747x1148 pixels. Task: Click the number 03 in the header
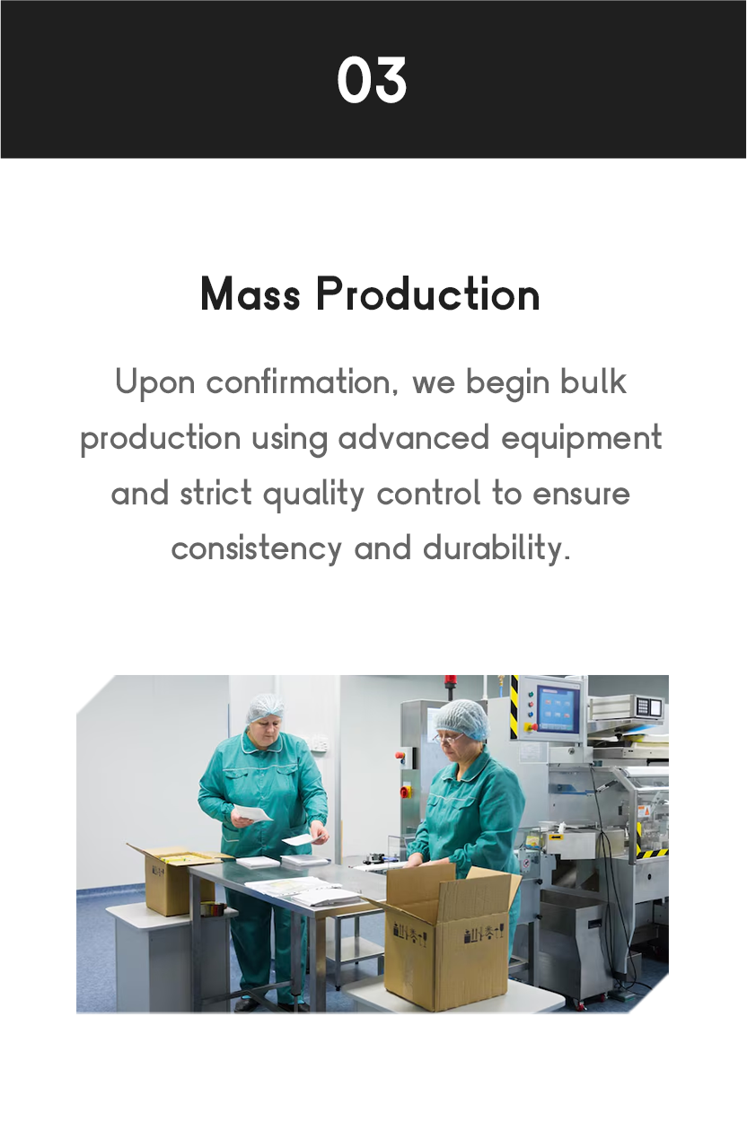pyautogui.click(x=373, y=80)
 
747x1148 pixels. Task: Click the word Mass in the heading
pyautogui.click(x=250, y=294)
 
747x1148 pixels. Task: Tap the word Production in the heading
pyautogui.click(x=428, y=294)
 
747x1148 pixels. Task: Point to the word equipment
pyautogui.click(x=582, y=440)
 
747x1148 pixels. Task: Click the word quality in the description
pyautogui.click(x=313, y=495)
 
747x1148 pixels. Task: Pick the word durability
pyautogui.click(x=497, y=548)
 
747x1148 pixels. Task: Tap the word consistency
pyautogui.click(x=257, y=548)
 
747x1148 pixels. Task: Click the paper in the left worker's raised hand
pyautogui.click(x=251, y=812)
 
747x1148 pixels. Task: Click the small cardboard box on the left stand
pyautogui.click(x=174, y=879)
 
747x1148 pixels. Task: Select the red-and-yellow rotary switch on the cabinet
pyautogui.click(x=405, y=792)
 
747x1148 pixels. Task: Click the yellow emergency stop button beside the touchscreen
pyautogui.click(x=530, y=727)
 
